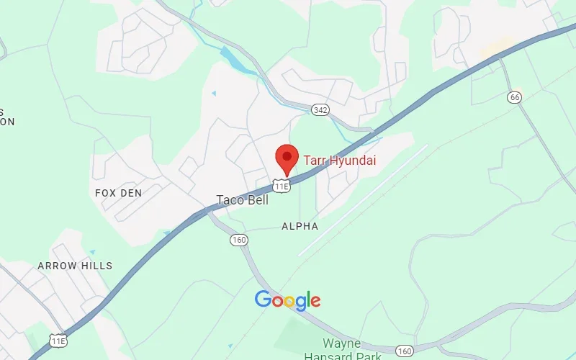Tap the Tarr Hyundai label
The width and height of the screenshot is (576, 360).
339,161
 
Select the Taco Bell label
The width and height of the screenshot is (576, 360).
243,200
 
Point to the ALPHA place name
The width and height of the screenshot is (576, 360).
300,226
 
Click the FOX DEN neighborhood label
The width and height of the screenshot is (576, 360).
119,193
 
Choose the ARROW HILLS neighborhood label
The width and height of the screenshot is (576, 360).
76,266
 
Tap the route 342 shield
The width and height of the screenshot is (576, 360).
320,109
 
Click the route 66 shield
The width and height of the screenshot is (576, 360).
513,97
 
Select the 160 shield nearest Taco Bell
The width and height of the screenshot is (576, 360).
239,240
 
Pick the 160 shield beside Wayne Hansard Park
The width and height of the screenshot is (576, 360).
405,351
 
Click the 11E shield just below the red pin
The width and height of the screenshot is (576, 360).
282,186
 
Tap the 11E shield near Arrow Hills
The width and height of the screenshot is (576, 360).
58,339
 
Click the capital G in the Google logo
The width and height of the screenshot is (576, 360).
264,300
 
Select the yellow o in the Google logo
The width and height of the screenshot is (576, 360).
289,301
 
